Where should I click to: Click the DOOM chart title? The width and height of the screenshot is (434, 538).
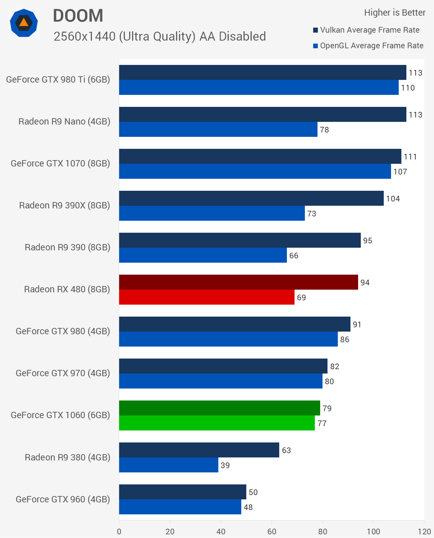point(78,16)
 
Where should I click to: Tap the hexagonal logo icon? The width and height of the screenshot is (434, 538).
point(24,23)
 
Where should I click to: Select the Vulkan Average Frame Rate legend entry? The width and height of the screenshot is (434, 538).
point(366,30)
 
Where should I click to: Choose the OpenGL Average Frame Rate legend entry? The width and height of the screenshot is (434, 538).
point(368,46)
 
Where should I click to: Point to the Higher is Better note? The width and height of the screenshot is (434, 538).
point(394,13)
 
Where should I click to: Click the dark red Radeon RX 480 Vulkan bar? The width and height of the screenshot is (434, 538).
point(238,282)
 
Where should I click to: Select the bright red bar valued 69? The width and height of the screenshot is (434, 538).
point(207,297)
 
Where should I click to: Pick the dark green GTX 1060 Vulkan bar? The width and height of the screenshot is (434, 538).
point(219,408)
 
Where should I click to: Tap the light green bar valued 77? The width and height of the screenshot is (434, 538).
point(217,423)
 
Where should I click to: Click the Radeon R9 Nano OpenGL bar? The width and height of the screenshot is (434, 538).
point(218,130)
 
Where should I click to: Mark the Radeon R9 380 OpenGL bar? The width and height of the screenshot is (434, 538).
point(168,465)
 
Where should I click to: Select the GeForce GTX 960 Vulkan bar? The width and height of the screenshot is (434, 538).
point(182,492)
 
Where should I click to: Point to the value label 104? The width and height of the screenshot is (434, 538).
point(393,199)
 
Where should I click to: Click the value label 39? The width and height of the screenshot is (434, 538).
point(225,465)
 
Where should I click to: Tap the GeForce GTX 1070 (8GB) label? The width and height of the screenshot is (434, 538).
point(60,163)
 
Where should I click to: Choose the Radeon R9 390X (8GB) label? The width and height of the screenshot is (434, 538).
point(65,205)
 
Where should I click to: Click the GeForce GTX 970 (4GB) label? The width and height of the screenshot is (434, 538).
point(63,373)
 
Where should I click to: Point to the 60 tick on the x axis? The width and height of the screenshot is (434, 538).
point(272,531)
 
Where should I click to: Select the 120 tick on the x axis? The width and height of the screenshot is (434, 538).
point(424,531)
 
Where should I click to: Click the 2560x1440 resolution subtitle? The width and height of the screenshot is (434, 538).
point(159,37)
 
